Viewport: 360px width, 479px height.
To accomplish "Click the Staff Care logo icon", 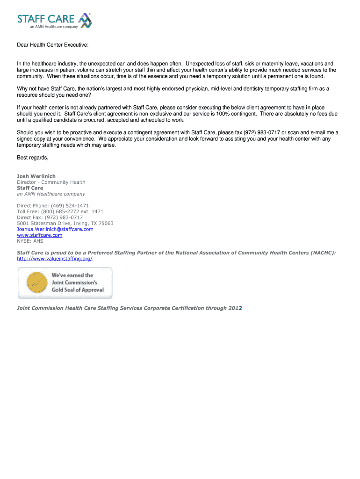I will [84, 21].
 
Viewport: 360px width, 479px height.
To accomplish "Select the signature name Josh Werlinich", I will [36, 176].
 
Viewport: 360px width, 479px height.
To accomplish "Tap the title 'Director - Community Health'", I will [51, 182].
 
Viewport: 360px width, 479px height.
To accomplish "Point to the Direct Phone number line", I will [53, 205].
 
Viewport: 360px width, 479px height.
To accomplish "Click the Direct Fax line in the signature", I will [50, 218].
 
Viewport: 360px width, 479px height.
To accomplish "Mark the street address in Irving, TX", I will [65, 223].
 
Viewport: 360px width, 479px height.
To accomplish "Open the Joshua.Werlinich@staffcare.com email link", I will [55, 229].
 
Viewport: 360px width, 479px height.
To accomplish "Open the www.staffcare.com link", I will [39, 235].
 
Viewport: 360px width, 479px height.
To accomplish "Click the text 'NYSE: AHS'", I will [30, 241].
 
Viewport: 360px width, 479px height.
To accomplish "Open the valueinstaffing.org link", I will [55, 259].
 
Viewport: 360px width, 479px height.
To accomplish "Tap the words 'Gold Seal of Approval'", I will [78, 290].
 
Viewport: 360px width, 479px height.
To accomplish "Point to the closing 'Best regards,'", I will [33, 158].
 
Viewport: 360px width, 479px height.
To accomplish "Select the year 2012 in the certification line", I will [235, 308].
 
